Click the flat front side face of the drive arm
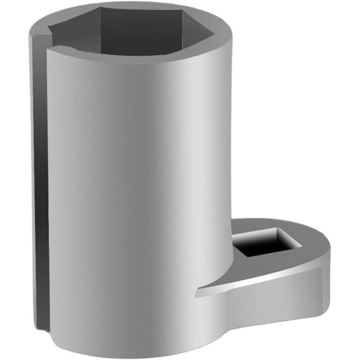275,306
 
